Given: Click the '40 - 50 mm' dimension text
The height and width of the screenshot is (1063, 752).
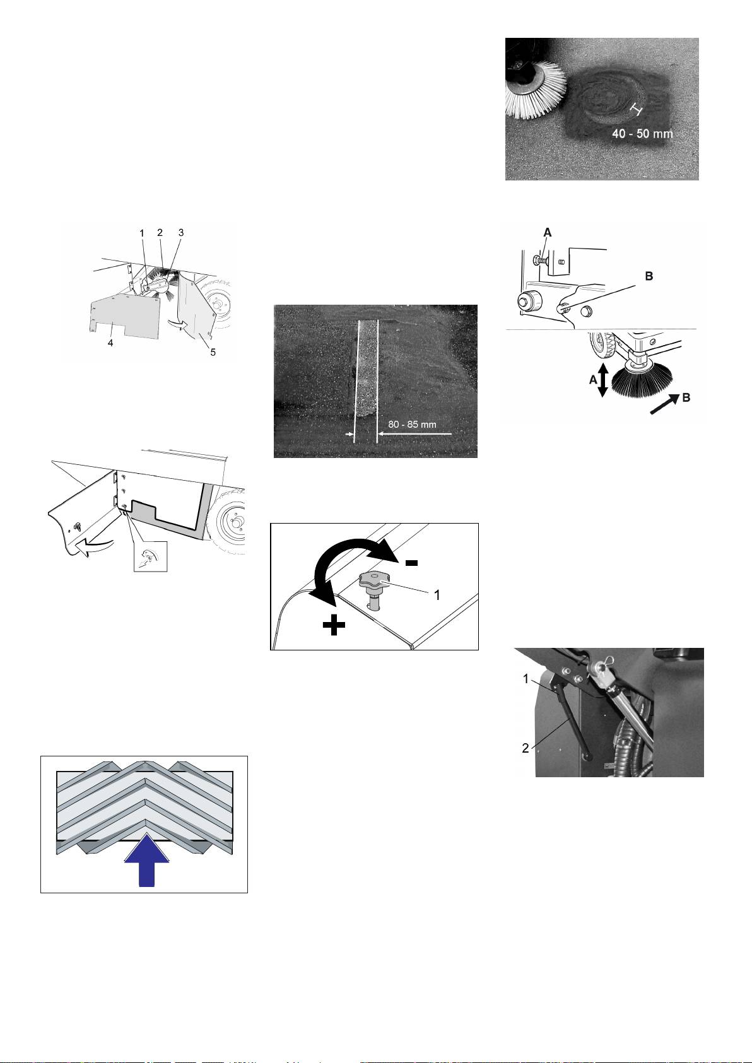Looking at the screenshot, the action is (642, 134).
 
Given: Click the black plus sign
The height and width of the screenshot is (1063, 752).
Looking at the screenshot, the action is (334, 626).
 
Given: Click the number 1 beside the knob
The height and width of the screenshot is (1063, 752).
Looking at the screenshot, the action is (436, 594).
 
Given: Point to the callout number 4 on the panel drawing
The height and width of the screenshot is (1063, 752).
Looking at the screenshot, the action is (110, 344).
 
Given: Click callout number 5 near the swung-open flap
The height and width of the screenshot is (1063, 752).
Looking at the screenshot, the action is (213, 352).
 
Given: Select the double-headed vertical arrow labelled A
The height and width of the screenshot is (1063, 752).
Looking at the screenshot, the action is (602, 380).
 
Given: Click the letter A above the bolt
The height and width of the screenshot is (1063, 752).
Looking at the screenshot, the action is (548, 232).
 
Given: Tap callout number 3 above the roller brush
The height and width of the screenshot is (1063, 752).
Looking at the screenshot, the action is (180, 233).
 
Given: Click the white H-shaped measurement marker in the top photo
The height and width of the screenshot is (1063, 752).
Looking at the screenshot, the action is (637, 110).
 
